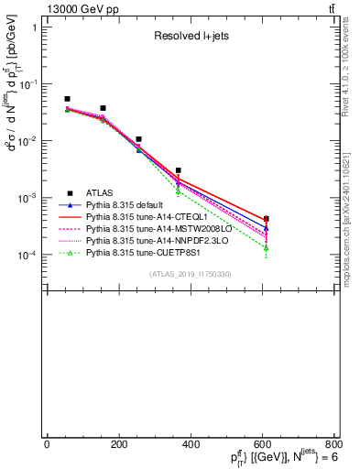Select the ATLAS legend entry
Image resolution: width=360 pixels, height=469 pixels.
(101, 193)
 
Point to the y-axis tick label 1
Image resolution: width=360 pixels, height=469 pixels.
(34, 27)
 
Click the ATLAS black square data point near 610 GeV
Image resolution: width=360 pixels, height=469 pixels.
(266, 219)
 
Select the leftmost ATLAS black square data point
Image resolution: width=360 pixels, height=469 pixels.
(67, 99)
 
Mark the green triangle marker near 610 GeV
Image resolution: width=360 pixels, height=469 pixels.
(266, 248)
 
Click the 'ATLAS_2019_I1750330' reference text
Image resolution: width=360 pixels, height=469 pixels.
(191, 274)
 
